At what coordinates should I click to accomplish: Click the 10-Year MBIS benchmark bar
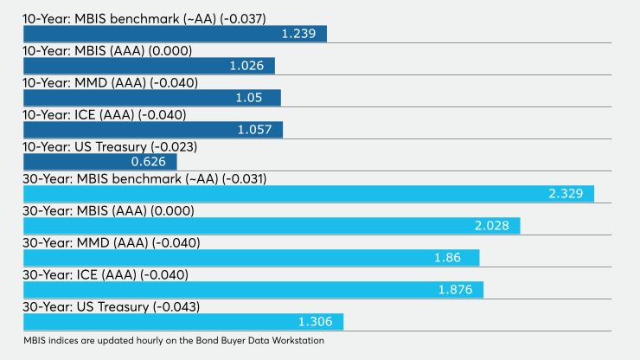coord(175,34)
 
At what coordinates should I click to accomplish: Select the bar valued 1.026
coord(150,66)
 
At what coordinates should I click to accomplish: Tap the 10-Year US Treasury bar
coord(100,162)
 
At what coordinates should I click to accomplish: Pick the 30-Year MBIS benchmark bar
coord(309,194)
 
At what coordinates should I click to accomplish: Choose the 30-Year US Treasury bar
coord(183,322)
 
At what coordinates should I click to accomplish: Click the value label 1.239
coord(298,34)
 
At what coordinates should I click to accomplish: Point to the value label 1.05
coord(249,98)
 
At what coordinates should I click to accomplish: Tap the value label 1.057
coord(254,130)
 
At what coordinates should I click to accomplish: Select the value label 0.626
coord(149,162)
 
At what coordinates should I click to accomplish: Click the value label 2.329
coord(566,194)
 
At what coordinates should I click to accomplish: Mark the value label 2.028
coord(492,226)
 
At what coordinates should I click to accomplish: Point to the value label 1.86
coord(448,258)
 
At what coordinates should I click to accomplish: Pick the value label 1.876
coord(456,290)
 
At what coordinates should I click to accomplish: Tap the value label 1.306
coord(316,322)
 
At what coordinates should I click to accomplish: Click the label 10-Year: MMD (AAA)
coord(85,83)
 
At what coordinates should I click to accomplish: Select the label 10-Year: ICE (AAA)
coord(79,115)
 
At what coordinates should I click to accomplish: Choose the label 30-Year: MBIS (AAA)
coord(85,211)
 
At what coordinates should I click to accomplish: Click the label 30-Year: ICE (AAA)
coord(80,275)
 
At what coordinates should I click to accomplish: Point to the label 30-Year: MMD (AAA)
coord(86,243)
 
